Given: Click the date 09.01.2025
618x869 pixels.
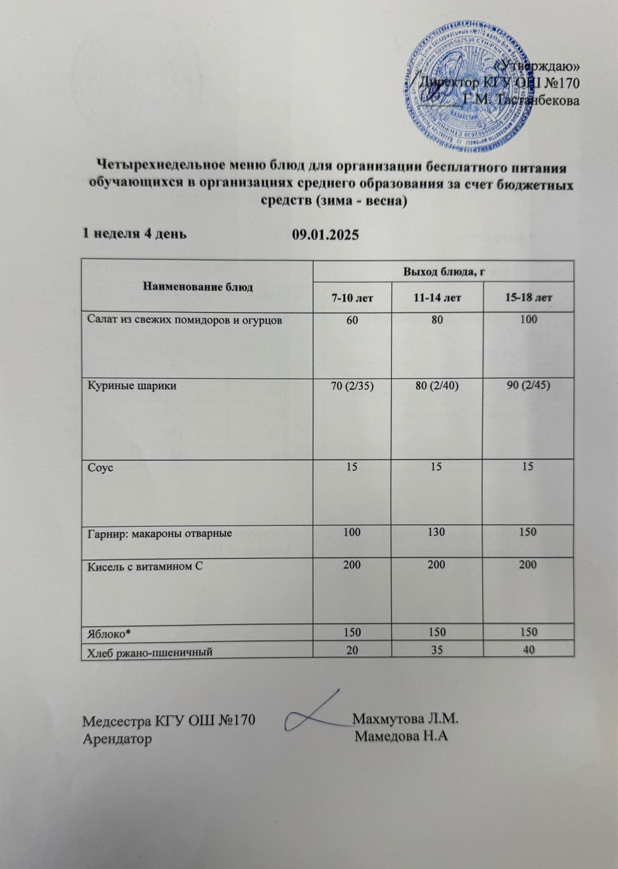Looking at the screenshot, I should point(325,235).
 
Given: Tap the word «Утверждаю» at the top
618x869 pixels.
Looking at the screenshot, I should point(538,66).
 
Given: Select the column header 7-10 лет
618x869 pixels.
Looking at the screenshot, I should point(352,298).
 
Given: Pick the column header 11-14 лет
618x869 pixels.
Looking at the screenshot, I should point(437,298).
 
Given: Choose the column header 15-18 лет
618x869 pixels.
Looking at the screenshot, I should point(528,298).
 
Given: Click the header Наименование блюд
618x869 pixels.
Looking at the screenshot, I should point(198,287).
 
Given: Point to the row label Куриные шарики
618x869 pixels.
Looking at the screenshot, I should point(132,386).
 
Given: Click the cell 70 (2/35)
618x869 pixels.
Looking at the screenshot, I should point(352,386).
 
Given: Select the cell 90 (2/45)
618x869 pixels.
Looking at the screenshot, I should point(528,386).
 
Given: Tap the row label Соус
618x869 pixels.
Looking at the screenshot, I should point(100,468).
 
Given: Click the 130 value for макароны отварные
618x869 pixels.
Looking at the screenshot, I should point(437,533).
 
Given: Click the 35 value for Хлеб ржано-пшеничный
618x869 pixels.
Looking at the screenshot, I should point(437,649).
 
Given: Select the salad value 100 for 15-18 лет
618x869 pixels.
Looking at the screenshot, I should point(528,319).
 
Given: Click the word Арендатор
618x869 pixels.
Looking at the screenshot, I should point(117,739).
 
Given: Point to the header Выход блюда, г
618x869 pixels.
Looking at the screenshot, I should point(443,272).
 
